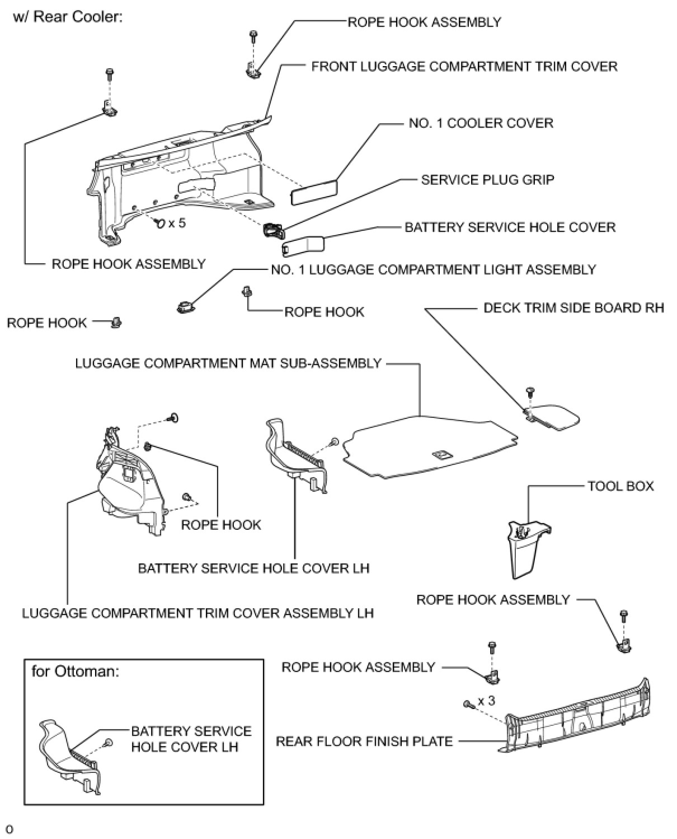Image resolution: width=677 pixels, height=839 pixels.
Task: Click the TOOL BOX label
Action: (620, 486)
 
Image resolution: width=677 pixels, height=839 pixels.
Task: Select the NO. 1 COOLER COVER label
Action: (481, 123)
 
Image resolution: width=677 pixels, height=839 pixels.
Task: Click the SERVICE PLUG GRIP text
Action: (487, 180)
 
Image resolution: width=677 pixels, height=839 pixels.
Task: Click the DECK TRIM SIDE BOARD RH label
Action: (573, 308)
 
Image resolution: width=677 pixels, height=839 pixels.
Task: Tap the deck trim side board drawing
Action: (553, 417)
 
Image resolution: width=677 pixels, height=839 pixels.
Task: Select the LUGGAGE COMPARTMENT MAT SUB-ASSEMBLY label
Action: (228, 363)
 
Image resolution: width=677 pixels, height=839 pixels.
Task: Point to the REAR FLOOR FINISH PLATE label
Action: (364, 742)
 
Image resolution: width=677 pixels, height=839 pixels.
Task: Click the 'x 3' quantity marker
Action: (486, 701)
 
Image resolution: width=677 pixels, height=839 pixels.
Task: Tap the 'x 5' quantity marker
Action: (176, 223)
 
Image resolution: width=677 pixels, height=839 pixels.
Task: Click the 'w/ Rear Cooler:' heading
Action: (68, 17)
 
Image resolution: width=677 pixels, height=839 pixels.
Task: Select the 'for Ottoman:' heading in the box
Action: (75, 671)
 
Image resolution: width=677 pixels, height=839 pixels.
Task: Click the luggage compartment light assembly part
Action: (185, 306)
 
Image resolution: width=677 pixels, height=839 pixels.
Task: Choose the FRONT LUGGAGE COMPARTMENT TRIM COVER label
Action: (464, 67)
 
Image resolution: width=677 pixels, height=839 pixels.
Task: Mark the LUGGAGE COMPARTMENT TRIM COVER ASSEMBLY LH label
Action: (198, 613)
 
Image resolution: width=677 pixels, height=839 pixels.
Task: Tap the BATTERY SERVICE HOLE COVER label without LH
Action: (510, 227)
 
